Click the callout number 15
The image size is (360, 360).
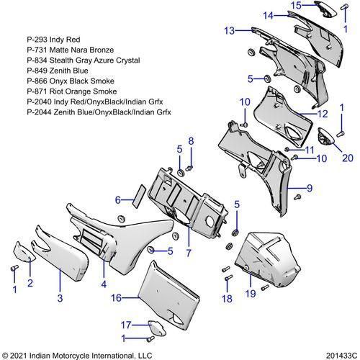[x=296, y=5]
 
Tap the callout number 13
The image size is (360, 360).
[x=230, y=31]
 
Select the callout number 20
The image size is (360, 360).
[x=348, y=158]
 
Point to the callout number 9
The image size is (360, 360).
[x=310, y=188]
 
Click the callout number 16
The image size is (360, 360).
[x=116, y=298]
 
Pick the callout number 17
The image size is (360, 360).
[x=126, y=325]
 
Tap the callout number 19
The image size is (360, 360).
[x=251, y=294]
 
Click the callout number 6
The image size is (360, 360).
[x=118, y=199]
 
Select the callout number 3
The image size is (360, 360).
[x=60, y=298]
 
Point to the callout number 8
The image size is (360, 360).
[x=191, y=141]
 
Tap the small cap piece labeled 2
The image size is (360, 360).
[x=24, y=251]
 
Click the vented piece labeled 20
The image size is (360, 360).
[x=325, y=137]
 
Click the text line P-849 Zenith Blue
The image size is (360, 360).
[x=58, y=71]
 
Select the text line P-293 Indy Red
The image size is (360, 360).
[x=53, y=40]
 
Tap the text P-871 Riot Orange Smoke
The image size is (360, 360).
[x=72, y=91]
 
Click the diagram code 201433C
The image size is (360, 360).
[x=341, y=356]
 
